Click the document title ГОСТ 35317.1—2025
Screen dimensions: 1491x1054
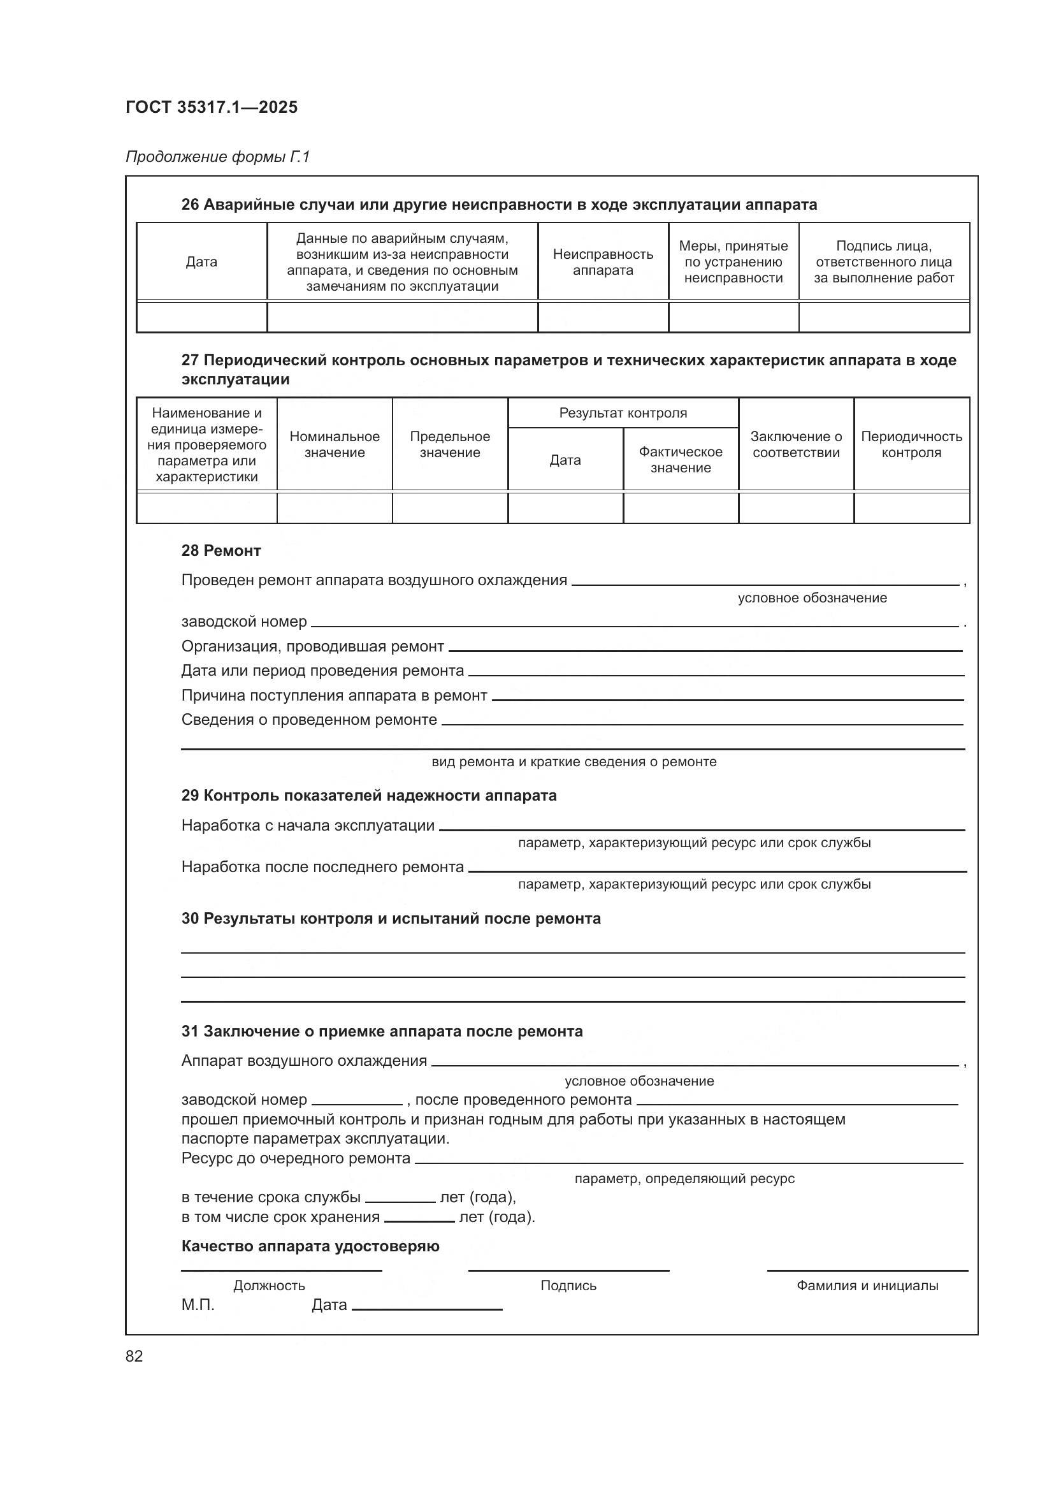pos(212,107)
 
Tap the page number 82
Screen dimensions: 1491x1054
pos(134,1355)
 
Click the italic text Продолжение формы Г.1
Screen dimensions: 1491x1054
pos(217,157)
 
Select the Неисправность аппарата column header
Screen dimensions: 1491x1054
pos(602,262)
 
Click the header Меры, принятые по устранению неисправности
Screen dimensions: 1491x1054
pos(733,262)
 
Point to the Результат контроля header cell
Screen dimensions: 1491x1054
pos(623,413)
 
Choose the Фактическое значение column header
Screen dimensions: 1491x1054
pos(680,459)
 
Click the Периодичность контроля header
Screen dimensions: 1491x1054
pos(911,444)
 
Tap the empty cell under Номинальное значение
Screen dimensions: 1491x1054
pos(335,509)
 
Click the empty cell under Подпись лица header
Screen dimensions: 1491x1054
pos(883,318)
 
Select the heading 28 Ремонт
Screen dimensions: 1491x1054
pos(221,551)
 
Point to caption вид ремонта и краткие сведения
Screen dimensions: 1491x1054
pos(574,762)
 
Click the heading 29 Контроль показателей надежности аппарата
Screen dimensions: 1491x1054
pos(368,796)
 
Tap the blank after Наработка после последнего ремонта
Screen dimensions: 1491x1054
pos(716,868)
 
